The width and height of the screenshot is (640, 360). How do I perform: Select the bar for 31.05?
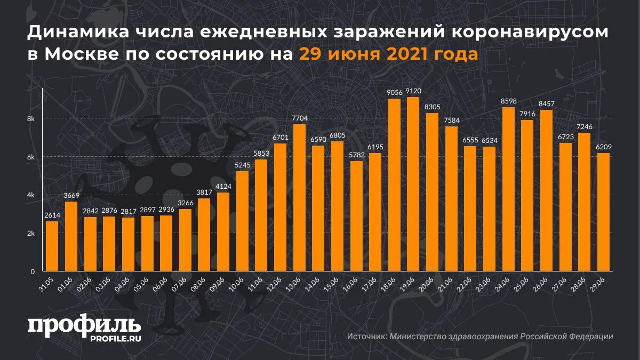52,246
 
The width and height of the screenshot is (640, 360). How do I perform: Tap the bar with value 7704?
299,197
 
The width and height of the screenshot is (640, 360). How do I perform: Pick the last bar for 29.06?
603,212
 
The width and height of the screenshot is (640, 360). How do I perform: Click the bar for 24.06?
508,189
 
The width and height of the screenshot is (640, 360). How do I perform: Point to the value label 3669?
71,196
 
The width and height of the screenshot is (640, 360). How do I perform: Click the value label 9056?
394,93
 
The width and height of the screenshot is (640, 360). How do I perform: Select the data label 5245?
242,165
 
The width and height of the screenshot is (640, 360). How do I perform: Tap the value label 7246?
585,127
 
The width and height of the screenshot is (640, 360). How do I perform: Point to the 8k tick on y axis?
31,119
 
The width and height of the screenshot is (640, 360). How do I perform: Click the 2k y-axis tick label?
31,234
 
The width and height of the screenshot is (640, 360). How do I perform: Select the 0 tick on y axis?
32,271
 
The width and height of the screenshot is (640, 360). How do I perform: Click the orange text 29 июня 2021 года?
388,54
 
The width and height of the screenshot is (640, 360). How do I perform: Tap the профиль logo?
84,325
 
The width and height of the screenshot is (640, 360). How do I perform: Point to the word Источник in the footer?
366,337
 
